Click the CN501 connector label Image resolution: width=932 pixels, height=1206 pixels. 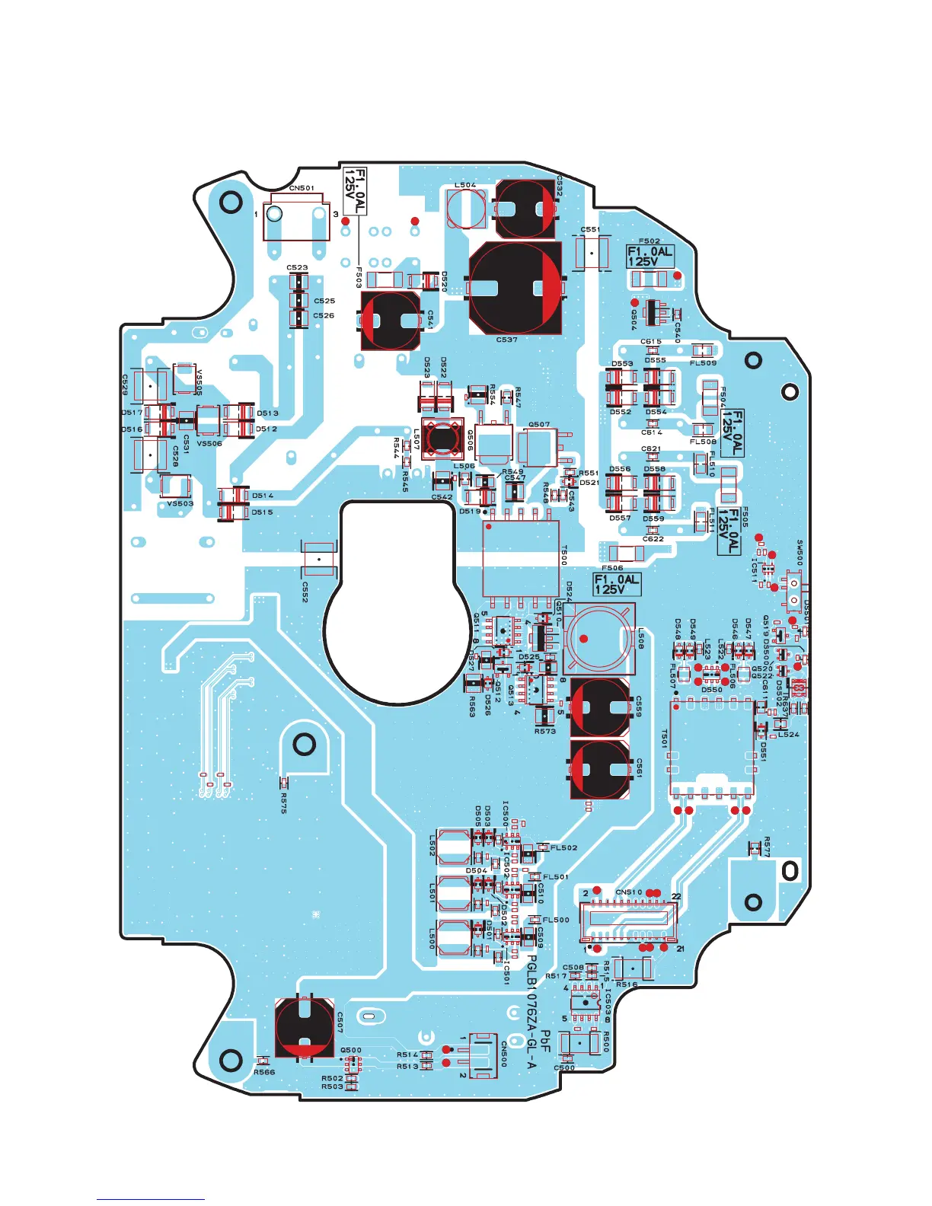click(x=302, y=188)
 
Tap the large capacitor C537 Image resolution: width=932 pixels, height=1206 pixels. click(x=516, y=288)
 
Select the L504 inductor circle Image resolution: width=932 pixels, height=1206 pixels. click(x=466, y=209)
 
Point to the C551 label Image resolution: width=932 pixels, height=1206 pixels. click(x=590, y=229)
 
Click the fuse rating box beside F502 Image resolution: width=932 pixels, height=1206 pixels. click(x=650, y=256)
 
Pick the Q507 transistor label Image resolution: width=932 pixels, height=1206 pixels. click(x=539, y=425)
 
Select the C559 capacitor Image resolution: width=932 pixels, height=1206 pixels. click(x=600, y=707)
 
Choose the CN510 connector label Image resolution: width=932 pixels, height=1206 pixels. click(x=629, y=892)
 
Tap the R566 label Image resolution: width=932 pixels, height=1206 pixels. click(x=264, y=1072)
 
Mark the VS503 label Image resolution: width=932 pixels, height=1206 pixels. click(x=180, y=503)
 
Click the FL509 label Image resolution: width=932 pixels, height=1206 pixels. click(x=703, y=363)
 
